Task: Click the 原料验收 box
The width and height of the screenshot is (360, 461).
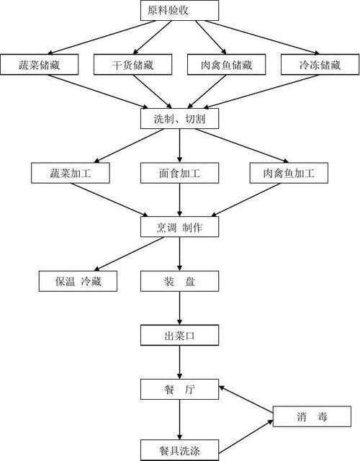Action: click(179, 11)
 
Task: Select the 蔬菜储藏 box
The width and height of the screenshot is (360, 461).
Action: click(40, 65)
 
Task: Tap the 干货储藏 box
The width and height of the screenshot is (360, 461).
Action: click(132, 65)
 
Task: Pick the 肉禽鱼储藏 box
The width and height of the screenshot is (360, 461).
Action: click(227, 65)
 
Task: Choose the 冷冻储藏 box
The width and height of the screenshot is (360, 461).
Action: click(320, 65)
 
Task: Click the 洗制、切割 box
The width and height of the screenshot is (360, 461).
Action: click(179, 119)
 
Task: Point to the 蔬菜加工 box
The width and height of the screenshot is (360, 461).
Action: click(71, 173)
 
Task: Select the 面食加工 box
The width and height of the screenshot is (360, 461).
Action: click(179, 173)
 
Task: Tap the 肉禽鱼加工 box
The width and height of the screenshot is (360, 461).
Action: click(289, 173)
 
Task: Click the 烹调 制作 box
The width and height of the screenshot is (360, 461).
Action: click(179, 227)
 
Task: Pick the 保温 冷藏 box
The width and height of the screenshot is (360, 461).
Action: click(78, 282)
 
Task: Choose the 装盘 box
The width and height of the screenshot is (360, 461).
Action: click(179, 282)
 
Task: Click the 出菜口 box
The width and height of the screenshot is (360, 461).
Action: click(179, 336)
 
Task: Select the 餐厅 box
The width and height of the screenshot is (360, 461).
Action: click(179, 390)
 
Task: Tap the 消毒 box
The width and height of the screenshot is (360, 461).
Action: click(312, 416)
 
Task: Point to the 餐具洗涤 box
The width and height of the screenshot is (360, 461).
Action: click(179, 450)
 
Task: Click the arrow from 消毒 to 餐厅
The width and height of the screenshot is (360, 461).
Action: click(246, 399)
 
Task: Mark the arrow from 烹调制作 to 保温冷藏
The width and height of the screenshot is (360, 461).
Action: click(129, 254)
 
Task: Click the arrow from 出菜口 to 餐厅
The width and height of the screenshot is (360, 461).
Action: click(179, 362)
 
